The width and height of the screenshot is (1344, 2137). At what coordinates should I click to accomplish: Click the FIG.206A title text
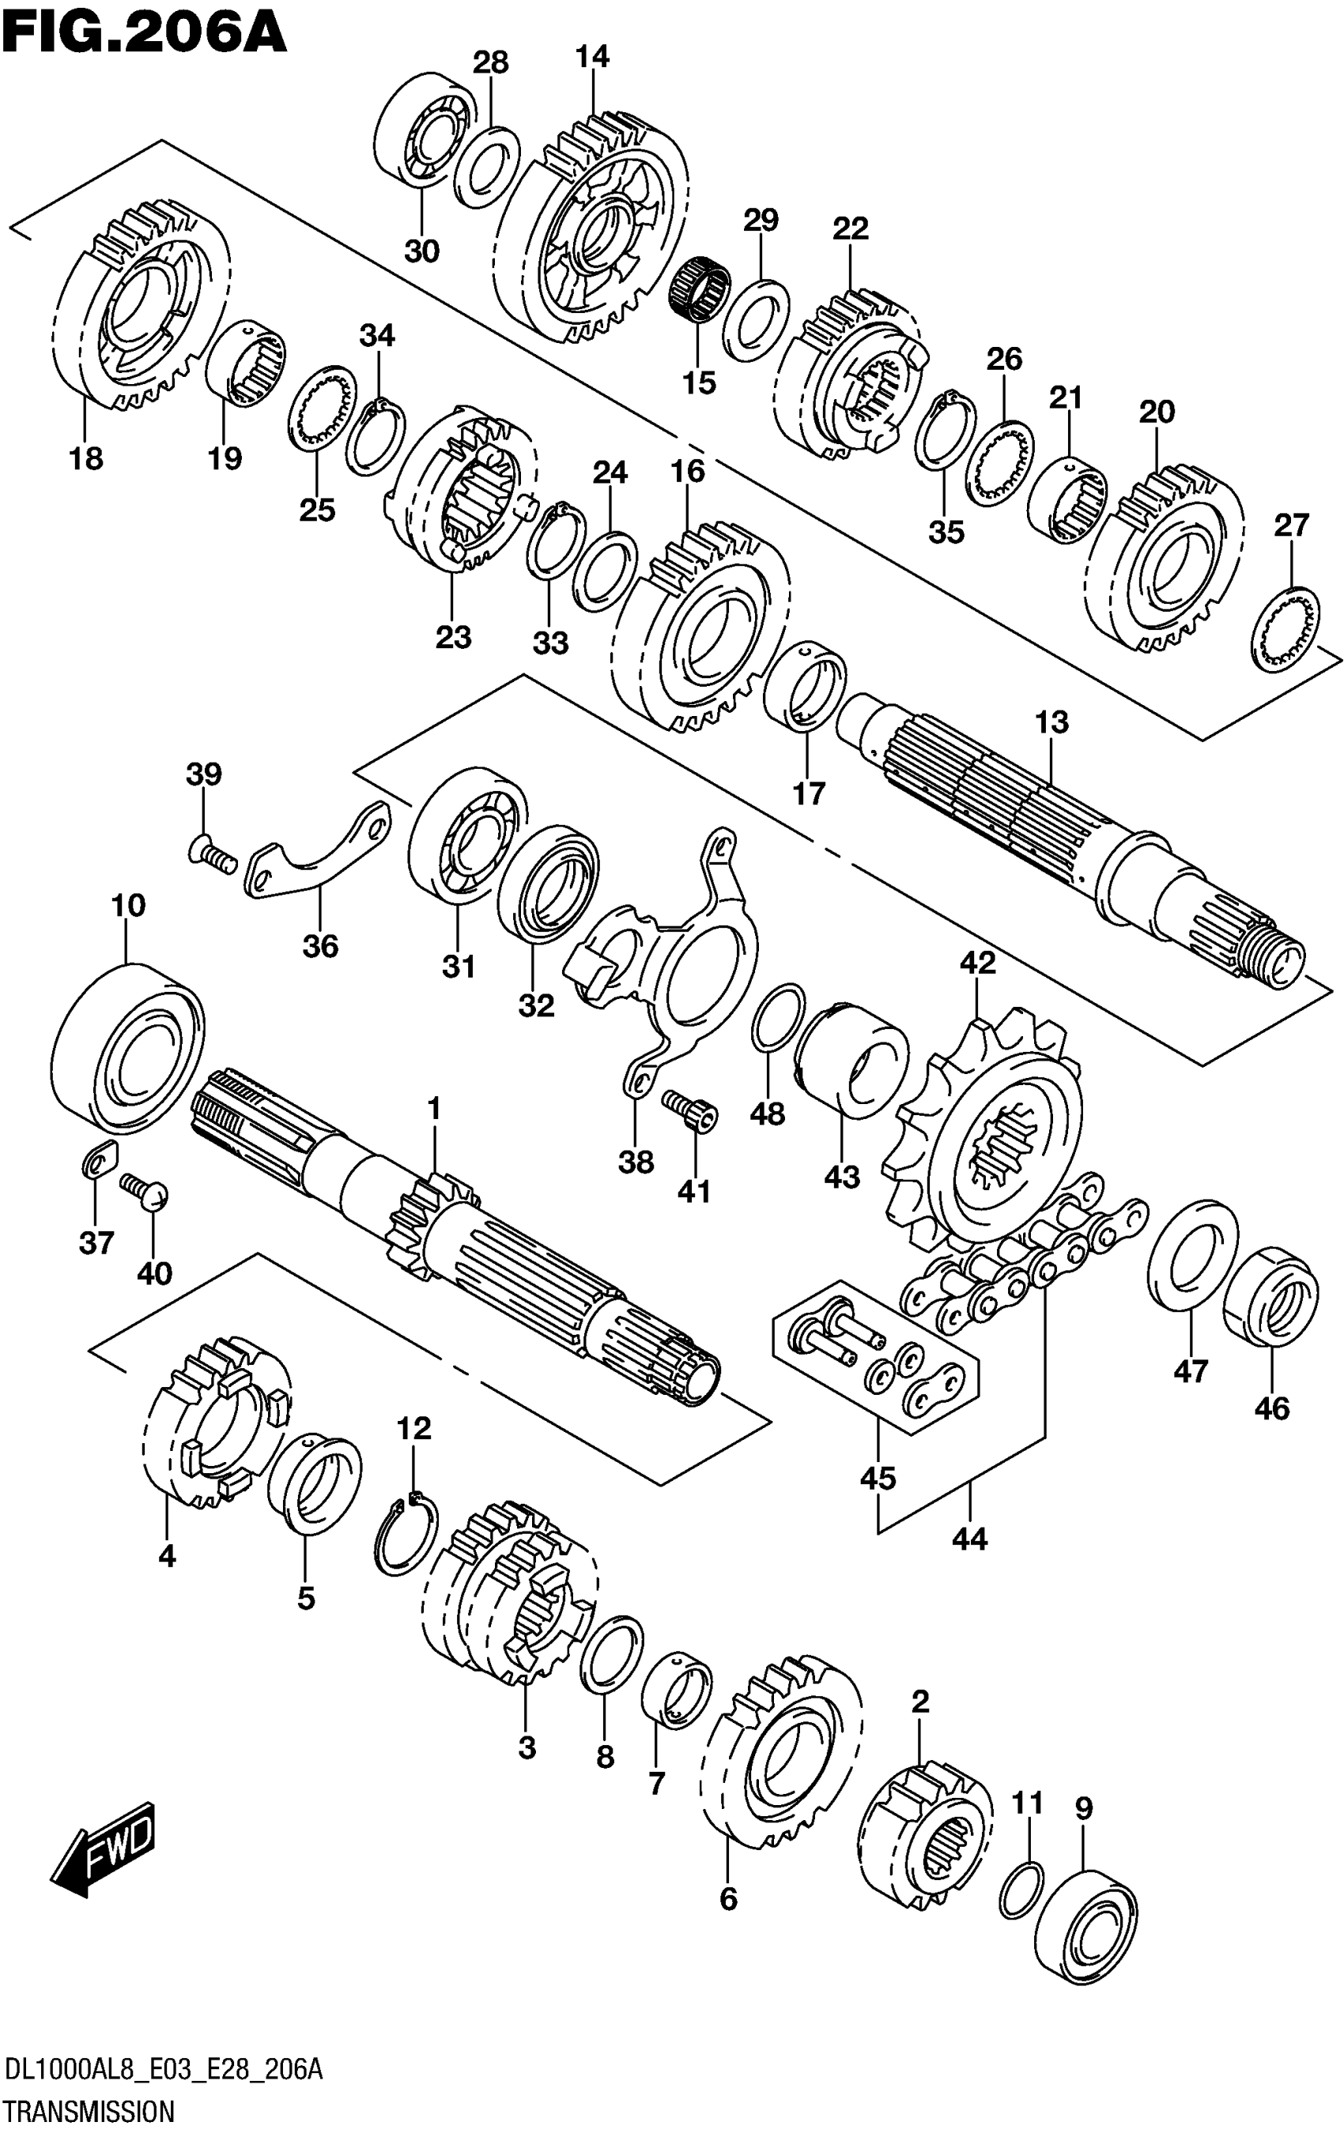tap(144, 33)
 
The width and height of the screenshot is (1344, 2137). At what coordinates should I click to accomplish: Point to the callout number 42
tap(977, 963)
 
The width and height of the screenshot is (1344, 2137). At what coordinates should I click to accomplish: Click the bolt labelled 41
tap(693, 1110)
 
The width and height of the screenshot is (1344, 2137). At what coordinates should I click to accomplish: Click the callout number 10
tap(128, 906)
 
